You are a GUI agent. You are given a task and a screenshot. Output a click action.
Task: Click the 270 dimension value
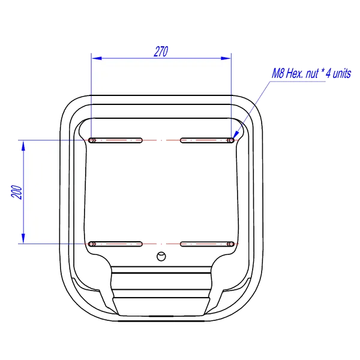click(x=161, y=52)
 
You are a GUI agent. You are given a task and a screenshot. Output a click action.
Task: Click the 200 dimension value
click(x=17, y=192)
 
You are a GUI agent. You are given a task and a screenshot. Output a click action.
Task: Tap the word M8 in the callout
click(x=278, y=73)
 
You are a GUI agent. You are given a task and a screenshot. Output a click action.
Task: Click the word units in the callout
click(x=342, y=74)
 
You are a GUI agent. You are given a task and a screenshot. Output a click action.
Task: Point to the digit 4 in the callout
click(x=328, y=73)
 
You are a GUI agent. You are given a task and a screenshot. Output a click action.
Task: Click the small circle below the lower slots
click(x=161, y=256)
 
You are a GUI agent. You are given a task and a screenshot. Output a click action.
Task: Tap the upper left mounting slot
click(x=115, y=140)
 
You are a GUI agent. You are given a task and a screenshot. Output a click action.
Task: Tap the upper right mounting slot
click(x=208, y=140)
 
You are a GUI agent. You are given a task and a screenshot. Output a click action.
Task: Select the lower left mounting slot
click(x=115, y=244)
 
